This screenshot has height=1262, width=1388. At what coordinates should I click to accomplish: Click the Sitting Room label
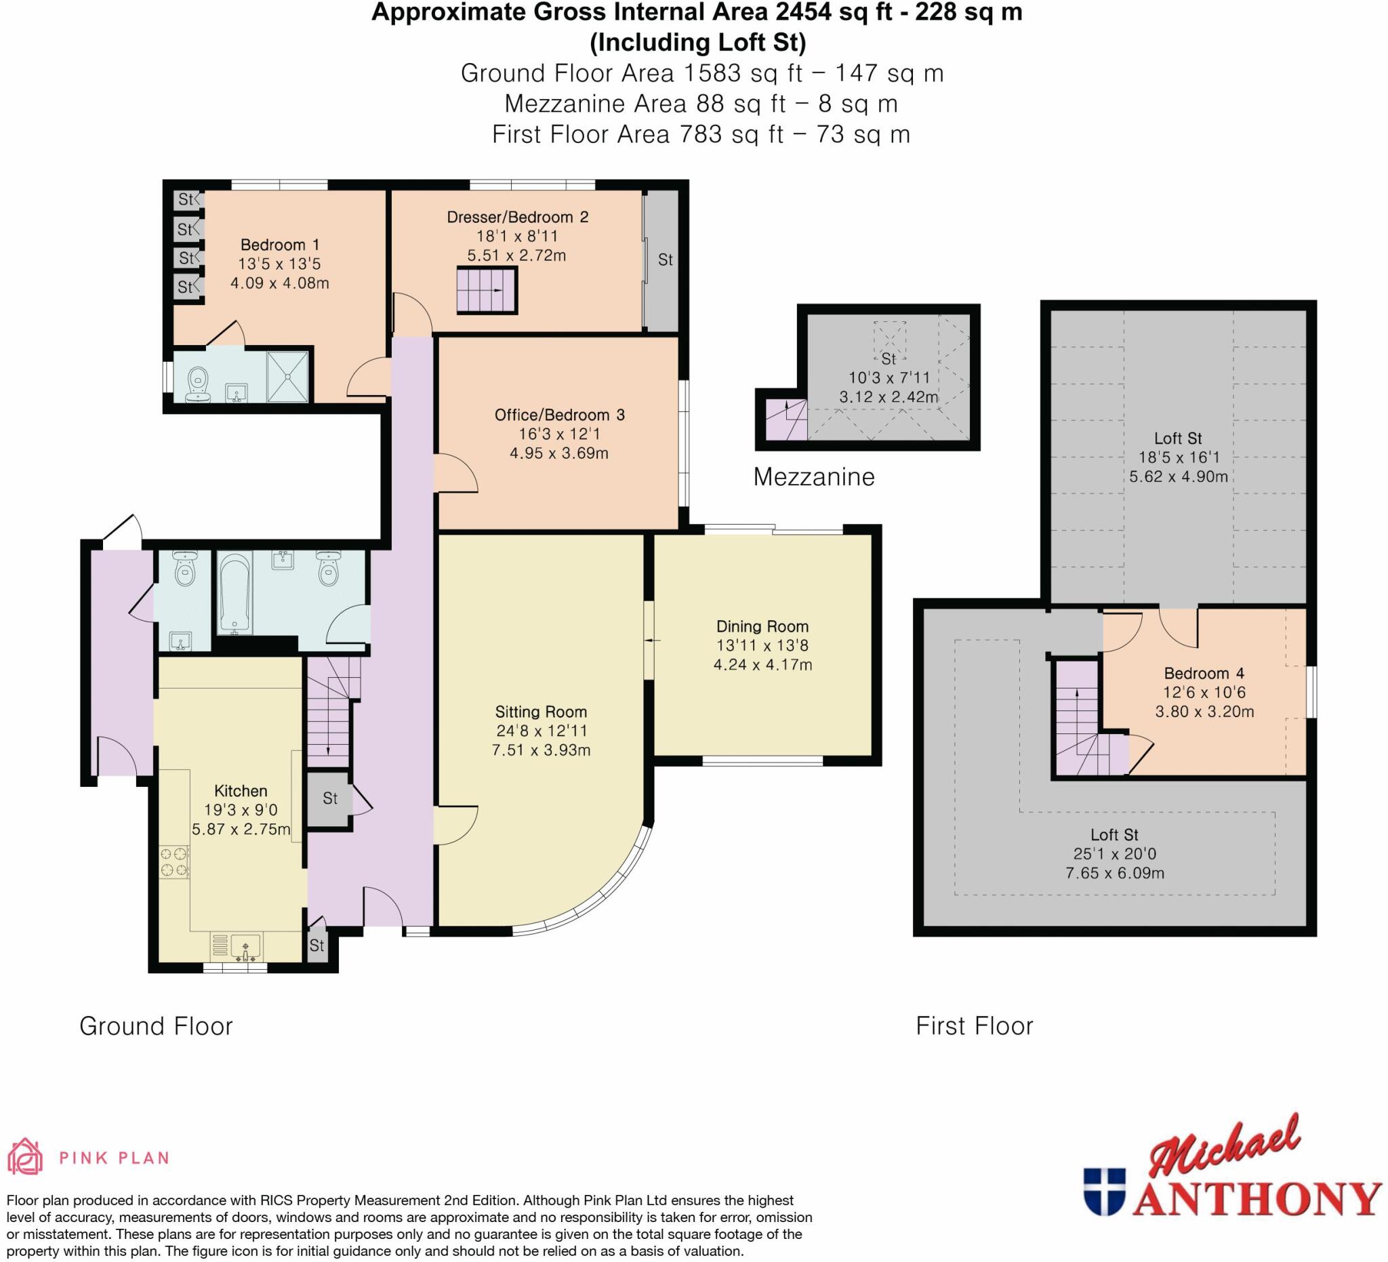point(540,712)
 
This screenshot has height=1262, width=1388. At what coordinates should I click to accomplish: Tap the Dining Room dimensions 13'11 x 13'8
point(762,646)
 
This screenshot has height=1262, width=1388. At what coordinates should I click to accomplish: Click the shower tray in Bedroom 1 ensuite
point(288,377)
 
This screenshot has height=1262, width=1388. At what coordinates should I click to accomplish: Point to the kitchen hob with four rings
point(174,862)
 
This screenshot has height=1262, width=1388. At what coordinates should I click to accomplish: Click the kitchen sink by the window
point(246,948)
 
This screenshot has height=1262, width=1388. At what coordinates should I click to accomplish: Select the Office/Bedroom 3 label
point(559,415)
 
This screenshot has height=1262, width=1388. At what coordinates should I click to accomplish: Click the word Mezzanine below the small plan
point(813,477)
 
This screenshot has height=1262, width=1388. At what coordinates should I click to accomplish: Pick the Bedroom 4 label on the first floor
point(1204,673)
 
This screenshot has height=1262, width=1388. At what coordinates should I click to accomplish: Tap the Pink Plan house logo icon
point(25,1157)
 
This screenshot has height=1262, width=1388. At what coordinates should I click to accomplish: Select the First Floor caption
point(973,1027)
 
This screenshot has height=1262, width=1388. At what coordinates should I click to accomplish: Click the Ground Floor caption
point(157,1027)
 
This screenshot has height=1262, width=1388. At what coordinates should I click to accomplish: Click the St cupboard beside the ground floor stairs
point(330,798)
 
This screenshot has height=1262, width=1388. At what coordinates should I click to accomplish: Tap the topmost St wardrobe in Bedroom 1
point(186,200)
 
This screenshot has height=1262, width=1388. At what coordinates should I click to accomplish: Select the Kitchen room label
point(241,790)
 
